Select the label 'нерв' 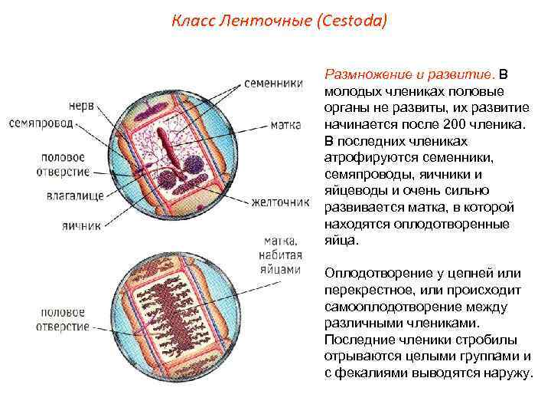[82, 106]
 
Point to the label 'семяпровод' [41, 123]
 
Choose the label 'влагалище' [73, 196]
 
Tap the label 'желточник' [281, 202]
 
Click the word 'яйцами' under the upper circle [282, 269]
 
